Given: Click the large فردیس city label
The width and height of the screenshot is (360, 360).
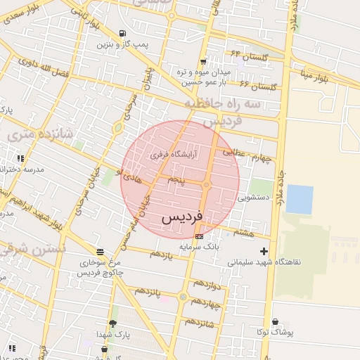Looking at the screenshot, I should click(x=182, y=217).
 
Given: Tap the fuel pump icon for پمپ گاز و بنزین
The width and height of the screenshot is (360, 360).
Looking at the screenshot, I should click(x=124, y=34).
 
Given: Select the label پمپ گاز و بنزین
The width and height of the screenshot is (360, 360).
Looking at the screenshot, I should click(x=124, y=45).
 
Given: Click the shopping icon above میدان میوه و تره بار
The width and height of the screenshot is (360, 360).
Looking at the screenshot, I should click(x=203, y=61).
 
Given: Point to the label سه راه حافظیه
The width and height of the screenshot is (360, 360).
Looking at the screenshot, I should click(x=222, y=103).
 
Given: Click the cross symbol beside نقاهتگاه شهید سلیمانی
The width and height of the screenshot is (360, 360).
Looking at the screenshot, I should click(x=264, y=251).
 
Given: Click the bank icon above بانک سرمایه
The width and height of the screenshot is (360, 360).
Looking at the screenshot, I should click(x=199, y=237).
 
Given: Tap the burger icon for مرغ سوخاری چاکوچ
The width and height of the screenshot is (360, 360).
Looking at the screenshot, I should click(x=100, y=251).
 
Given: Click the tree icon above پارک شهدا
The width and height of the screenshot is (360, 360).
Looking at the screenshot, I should click(x=112, y=323).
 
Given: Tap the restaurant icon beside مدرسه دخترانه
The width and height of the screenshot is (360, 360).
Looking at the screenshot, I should click(x=20, y=158).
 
